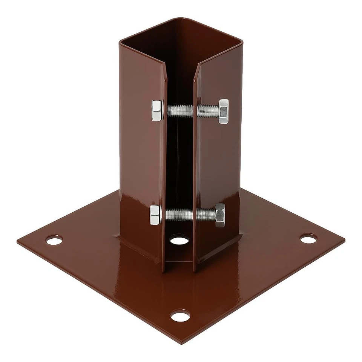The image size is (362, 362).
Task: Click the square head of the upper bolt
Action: point(157,110)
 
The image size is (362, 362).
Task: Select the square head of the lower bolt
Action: point(155,215)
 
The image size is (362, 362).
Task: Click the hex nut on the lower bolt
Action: point(219,215)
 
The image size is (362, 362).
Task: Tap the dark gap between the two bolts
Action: point(180,162)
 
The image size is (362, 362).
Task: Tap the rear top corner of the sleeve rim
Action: point(180,17)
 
